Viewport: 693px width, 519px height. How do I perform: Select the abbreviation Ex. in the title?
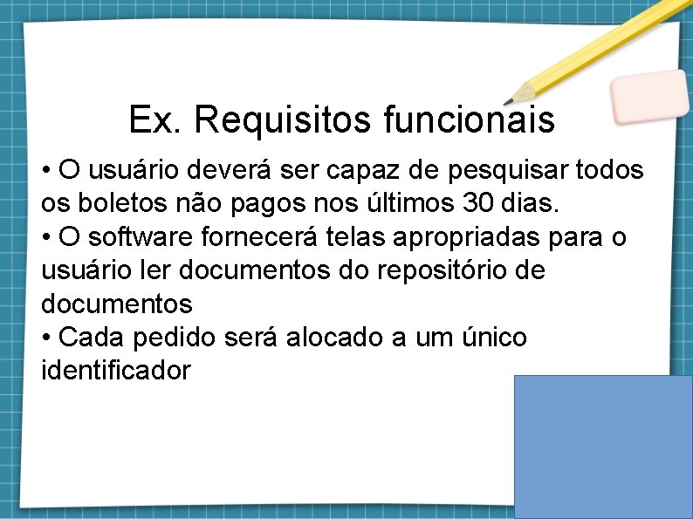click(x=155, y=120)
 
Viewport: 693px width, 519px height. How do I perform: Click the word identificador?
click(x=115, y=370)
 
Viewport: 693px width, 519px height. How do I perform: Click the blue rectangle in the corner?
click(x=603, y=447)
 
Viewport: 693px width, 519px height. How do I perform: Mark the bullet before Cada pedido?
click(x=46, y=338)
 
